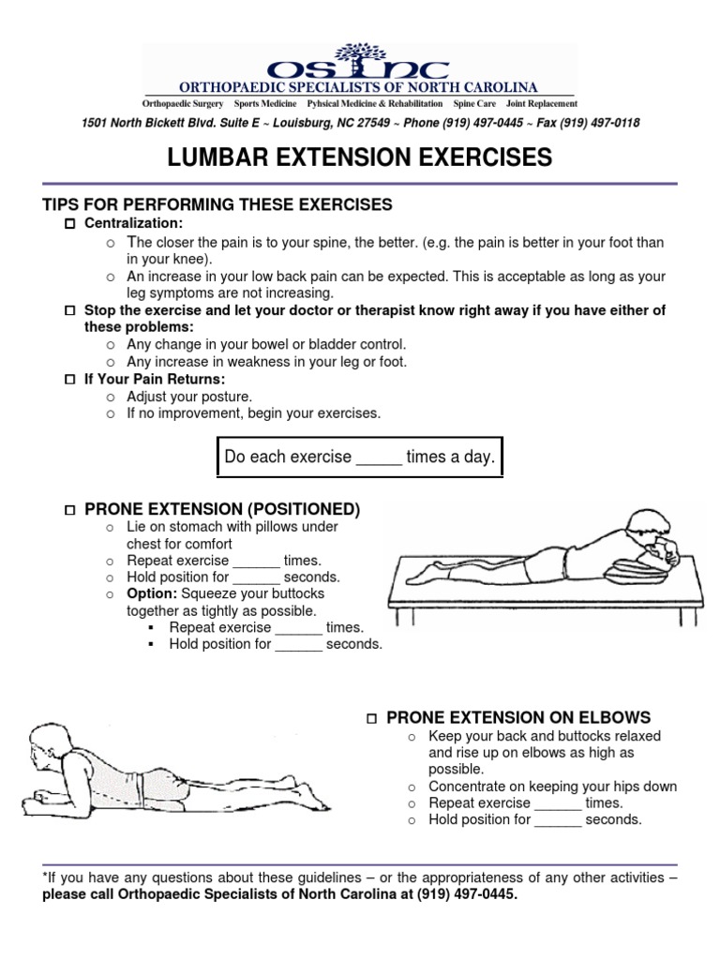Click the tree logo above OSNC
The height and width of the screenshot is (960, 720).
coord(359,54)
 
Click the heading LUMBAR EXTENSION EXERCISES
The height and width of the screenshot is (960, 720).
coord(360,158)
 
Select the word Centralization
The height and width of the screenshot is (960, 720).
coord(133,223)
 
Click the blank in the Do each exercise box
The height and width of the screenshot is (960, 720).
coord(379,458)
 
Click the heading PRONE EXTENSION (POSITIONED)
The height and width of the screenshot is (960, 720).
coord(222,509)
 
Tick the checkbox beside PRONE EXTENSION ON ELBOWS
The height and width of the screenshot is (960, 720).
coord(371,718)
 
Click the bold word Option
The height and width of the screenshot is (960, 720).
coord(152,593)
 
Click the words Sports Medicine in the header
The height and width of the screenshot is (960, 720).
coord(266,103)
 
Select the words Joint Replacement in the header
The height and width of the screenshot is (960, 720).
coord(542,103)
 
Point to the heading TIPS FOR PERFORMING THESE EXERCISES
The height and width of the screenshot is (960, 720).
coord(217,204)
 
